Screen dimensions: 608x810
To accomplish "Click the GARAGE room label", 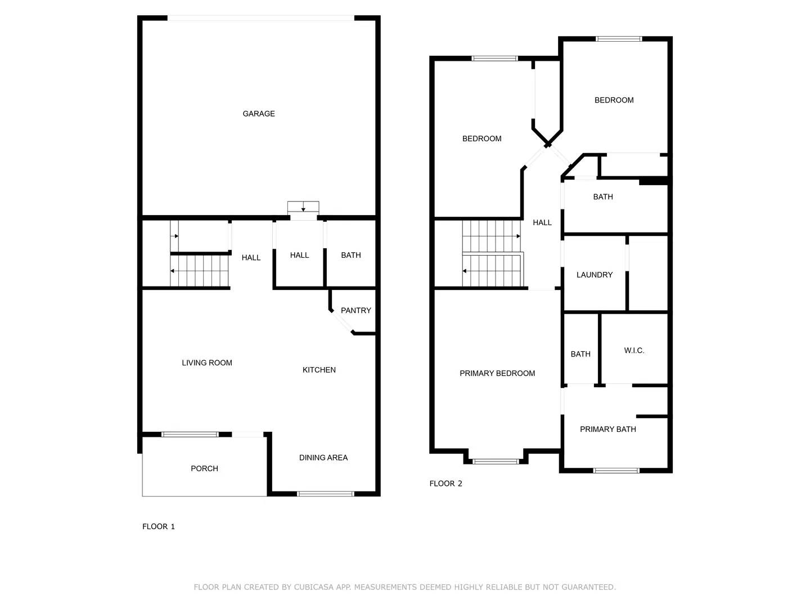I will [x=259, y=114].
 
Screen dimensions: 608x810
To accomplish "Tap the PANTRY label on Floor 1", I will [x=355, y=310].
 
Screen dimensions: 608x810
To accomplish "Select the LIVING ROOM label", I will [x=207, y=363].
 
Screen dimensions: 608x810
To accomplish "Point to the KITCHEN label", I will [x=319, y=370].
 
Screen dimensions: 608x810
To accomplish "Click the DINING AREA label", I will [x=323, y=458].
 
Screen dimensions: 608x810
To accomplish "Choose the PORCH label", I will [x=204, y=468].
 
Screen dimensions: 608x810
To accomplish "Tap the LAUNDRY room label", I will [x=595, y=275].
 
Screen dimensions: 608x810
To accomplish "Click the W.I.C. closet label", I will [x=634, y=351].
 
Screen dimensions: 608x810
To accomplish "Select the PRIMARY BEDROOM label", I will [x=497, y=373].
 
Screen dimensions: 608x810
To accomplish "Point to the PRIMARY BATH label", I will [x=608, y=429].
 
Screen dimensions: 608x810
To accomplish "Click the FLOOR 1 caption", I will [x=159, y=526].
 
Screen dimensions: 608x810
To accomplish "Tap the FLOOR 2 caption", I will [x=445, y=484].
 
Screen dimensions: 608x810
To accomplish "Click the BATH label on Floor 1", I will [x=351, y=255].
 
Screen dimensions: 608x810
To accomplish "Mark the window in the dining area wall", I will [x=325, y=494].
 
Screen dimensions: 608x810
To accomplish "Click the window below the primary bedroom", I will [x=495, y=462].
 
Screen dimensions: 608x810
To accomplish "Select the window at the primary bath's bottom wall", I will [x=616, y=470].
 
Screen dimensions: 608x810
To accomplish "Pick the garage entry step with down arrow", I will [x=303, y=207].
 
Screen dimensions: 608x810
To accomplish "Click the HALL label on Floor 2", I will [x=542, y=222].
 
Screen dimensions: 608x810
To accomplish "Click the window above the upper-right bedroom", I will [x=619, y=39].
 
